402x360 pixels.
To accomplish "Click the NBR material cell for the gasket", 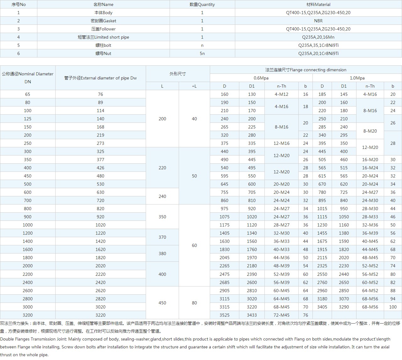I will (318, 21).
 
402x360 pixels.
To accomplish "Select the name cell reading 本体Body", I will (103, 13).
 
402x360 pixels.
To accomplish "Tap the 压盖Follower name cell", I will (103, 29).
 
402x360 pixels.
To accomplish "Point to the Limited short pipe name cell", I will (103, 37).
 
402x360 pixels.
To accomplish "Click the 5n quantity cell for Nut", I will (202, 53).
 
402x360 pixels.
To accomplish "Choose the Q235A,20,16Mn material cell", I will (318, 37).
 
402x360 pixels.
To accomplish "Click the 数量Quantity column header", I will (202, 4).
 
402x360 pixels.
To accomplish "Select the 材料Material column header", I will (318, 4).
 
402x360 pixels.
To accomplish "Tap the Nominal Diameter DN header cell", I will (28, 78).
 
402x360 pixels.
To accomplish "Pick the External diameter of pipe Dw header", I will (100, 78).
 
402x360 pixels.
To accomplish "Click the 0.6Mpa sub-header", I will (261, 78).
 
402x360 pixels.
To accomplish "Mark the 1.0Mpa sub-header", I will (357, 78).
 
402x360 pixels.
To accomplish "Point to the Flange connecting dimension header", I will (306, 70).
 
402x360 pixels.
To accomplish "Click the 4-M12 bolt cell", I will (281, 94).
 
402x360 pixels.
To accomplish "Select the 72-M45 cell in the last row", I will (281, 315).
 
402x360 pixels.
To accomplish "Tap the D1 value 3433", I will (252, 315).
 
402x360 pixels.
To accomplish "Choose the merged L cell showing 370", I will (162, 237).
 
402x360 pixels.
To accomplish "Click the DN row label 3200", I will (28, 315).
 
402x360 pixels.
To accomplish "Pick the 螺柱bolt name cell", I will (103, 45).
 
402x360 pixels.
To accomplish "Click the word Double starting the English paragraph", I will (7, 339).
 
